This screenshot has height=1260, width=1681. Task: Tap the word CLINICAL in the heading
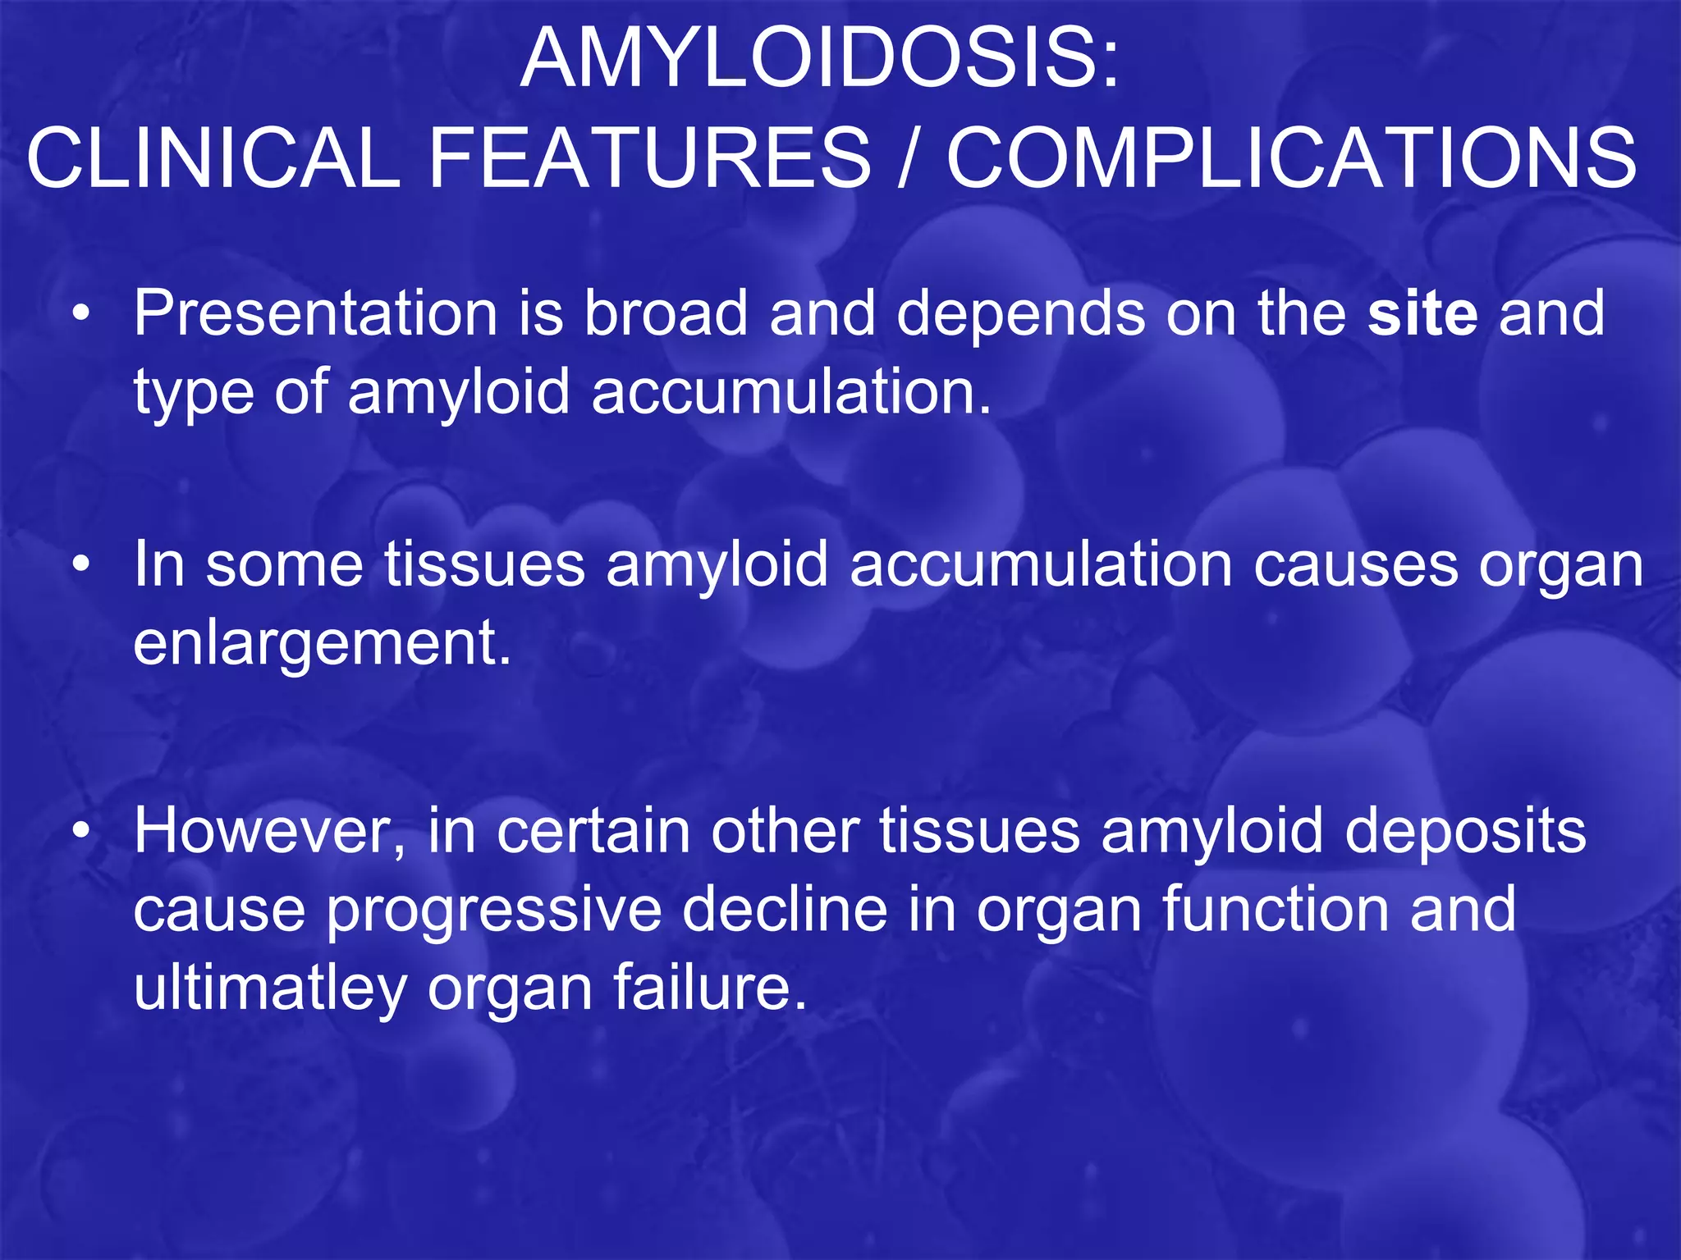coord(213,157)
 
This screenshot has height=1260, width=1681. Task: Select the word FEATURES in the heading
coord(649,157)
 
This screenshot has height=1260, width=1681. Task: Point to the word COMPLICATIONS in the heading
coord(1292,157)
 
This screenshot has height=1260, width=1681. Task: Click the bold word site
coord(1422,313)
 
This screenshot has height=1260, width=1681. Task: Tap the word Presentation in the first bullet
coord(316,313)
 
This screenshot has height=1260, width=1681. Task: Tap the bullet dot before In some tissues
coord(80,566)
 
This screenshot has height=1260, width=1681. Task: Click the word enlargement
coord(322,644)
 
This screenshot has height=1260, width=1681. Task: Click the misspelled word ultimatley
coord(270,988)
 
